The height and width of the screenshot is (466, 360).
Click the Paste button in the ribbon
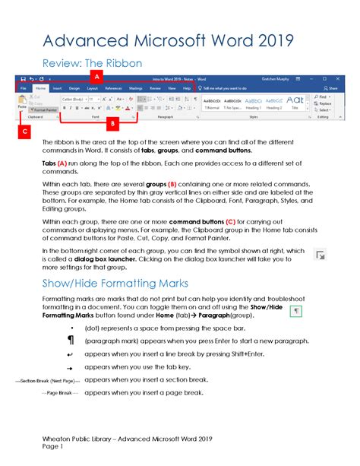[x=23, y=103]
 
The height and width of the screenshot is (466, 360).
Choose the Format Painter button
[x=46, y=109]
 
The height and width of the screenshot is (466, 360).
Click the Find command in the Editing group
[x=323, y=97]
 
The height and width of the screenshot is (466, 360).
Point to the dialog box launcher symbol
[x=320, y=255]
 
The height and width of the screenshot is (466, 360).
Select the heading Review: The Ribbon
[x=91, y=62]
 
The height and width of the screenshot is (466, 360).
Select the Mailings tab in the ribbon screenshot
[x=136, y=88]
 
